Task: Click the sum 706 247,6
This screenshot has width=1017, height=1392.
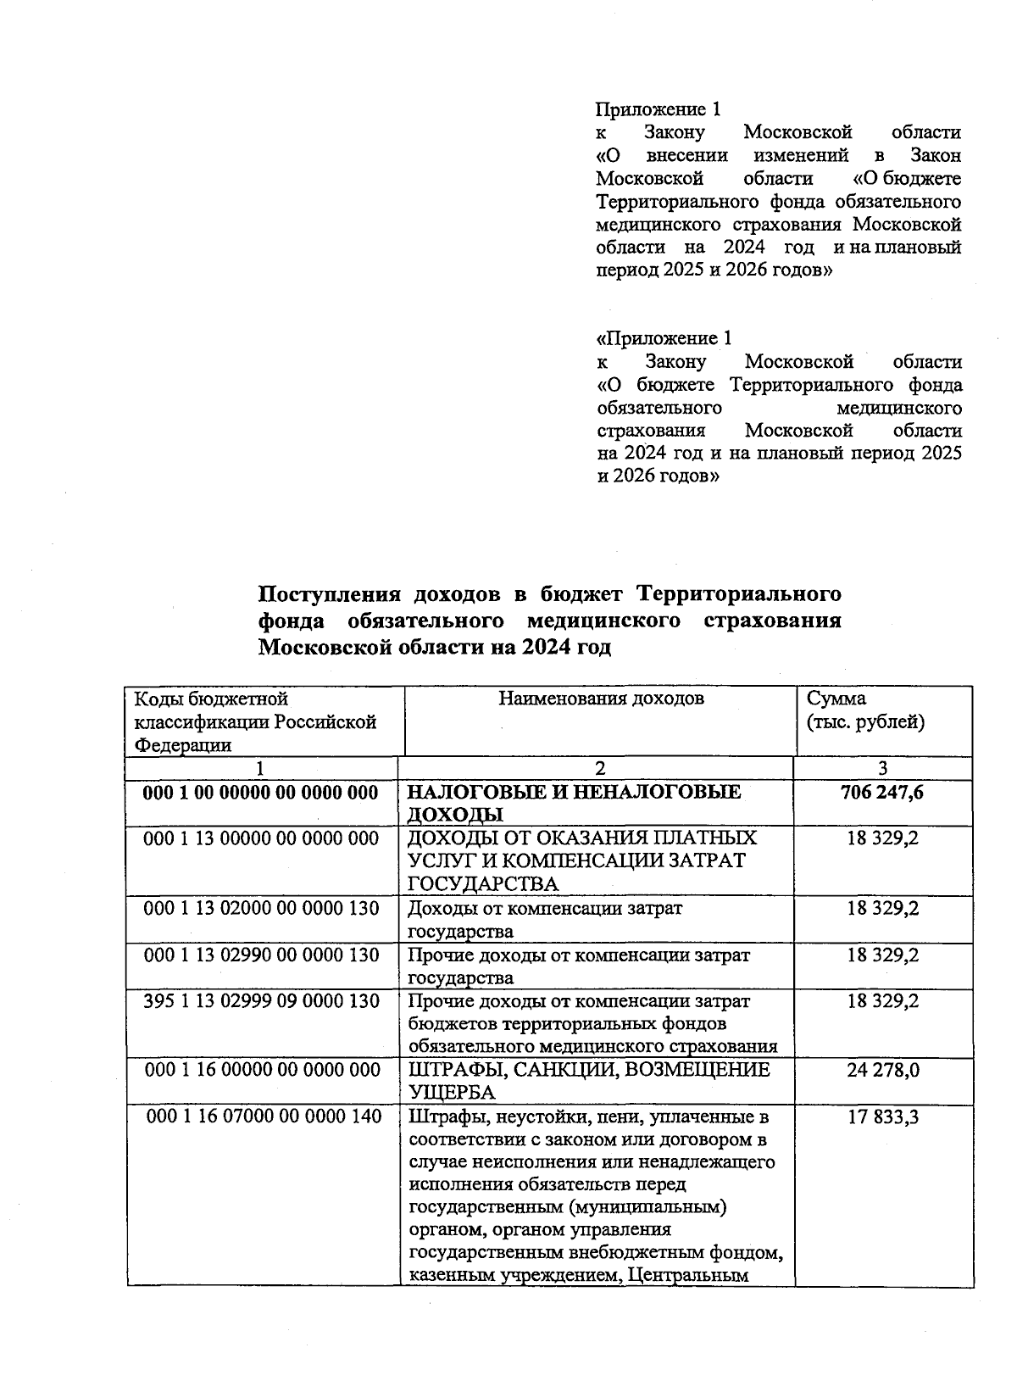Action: (x=881, y=792)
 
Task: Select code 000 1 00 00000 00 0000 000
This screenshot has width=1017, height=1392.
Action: (x=260, y=792)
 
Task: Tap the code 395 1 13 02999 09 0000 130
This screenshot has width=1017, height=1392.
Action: (x=261, y=1000)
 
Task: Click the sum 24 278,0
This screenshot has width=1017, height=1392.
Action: (x=882, y=1070)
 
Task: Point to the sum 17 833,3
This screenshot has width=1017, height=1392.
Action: (x=882, y=1116)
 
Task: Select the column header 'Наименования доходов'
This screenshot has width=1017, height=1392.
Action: (x=600, y=699)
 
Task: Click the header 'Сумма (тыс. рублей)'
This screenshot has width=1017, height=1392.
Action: (x=864, y=710)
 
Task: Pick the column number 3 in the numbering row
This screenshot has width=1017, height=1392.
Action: (x=882, y=768)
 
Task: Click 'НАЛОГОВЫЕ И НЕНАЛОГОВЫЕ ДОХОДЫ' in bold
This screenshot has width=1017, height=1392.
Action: (x=574, y=803)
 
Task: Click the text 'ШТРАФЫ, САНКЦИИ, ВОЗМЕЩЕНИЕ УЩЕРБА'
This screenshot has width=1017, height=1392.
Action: (x=589, y=1081)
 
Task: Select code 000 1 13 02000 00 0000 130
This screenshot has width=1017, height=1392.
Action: (x=261, y=908)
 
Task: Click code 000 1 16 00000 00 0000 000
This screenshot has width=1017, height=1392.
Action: (x=262, y=1070)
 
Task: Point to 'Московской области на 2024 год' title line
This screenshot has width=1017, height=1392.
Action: (x=434, y=648)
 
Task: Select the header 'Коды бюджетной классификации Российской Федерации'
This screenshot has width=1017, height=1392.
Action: (x=255, y=721)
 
